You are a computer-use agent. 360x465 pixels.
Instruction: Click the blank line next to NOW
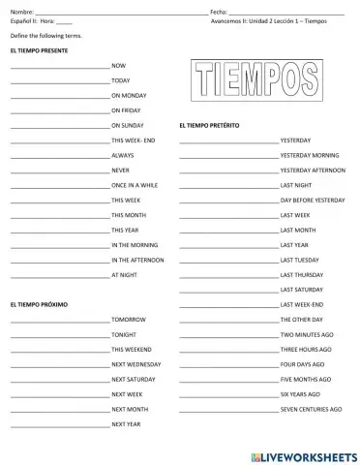coord(59,66)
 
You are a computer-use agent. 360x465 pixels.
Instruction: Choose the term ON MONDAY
coord(129,96)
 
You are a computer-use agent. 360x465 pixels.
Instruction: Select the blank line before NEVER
coord(59,170)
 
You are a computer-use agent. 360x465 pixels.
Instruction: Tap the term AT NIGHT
coord(125,274)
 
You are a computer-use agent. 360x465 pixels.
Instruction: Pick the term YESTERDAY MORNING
coord(309,155)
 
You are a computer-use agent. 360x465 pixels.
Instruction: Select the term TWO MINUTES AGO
coord(305,334)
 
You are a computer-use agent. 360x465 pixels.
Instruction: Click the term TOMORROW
coord(129,319)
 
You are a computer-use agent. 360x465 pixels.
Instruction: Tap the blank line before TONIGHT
coord(59,335)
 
